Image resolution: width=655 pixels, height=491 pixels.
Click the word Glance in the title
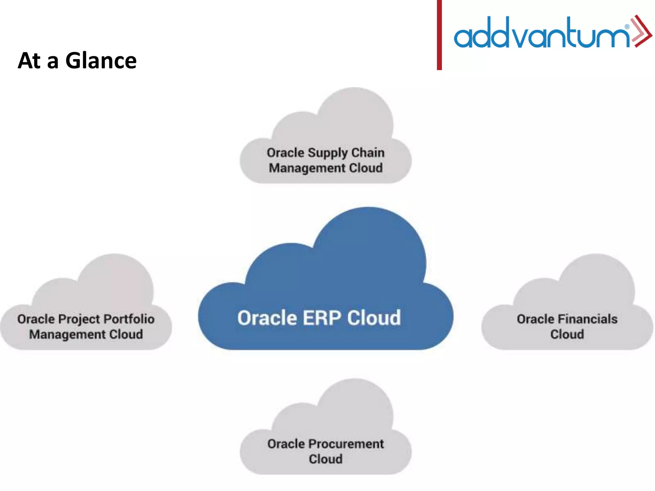101,61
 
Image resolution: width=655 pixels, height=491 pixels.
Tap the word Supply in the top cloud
327,153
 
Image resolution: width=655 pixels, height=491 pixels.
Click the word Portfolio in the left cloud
129,319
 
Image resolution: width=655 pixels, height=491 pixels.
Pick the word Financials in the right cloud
588,319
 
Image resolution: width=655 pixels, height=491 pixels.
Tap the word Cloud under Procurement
326,459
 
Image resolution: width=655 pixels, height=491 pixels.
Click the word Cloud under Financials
567,334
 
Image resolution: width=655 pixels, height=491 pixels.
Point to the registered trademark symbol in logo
627,27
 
